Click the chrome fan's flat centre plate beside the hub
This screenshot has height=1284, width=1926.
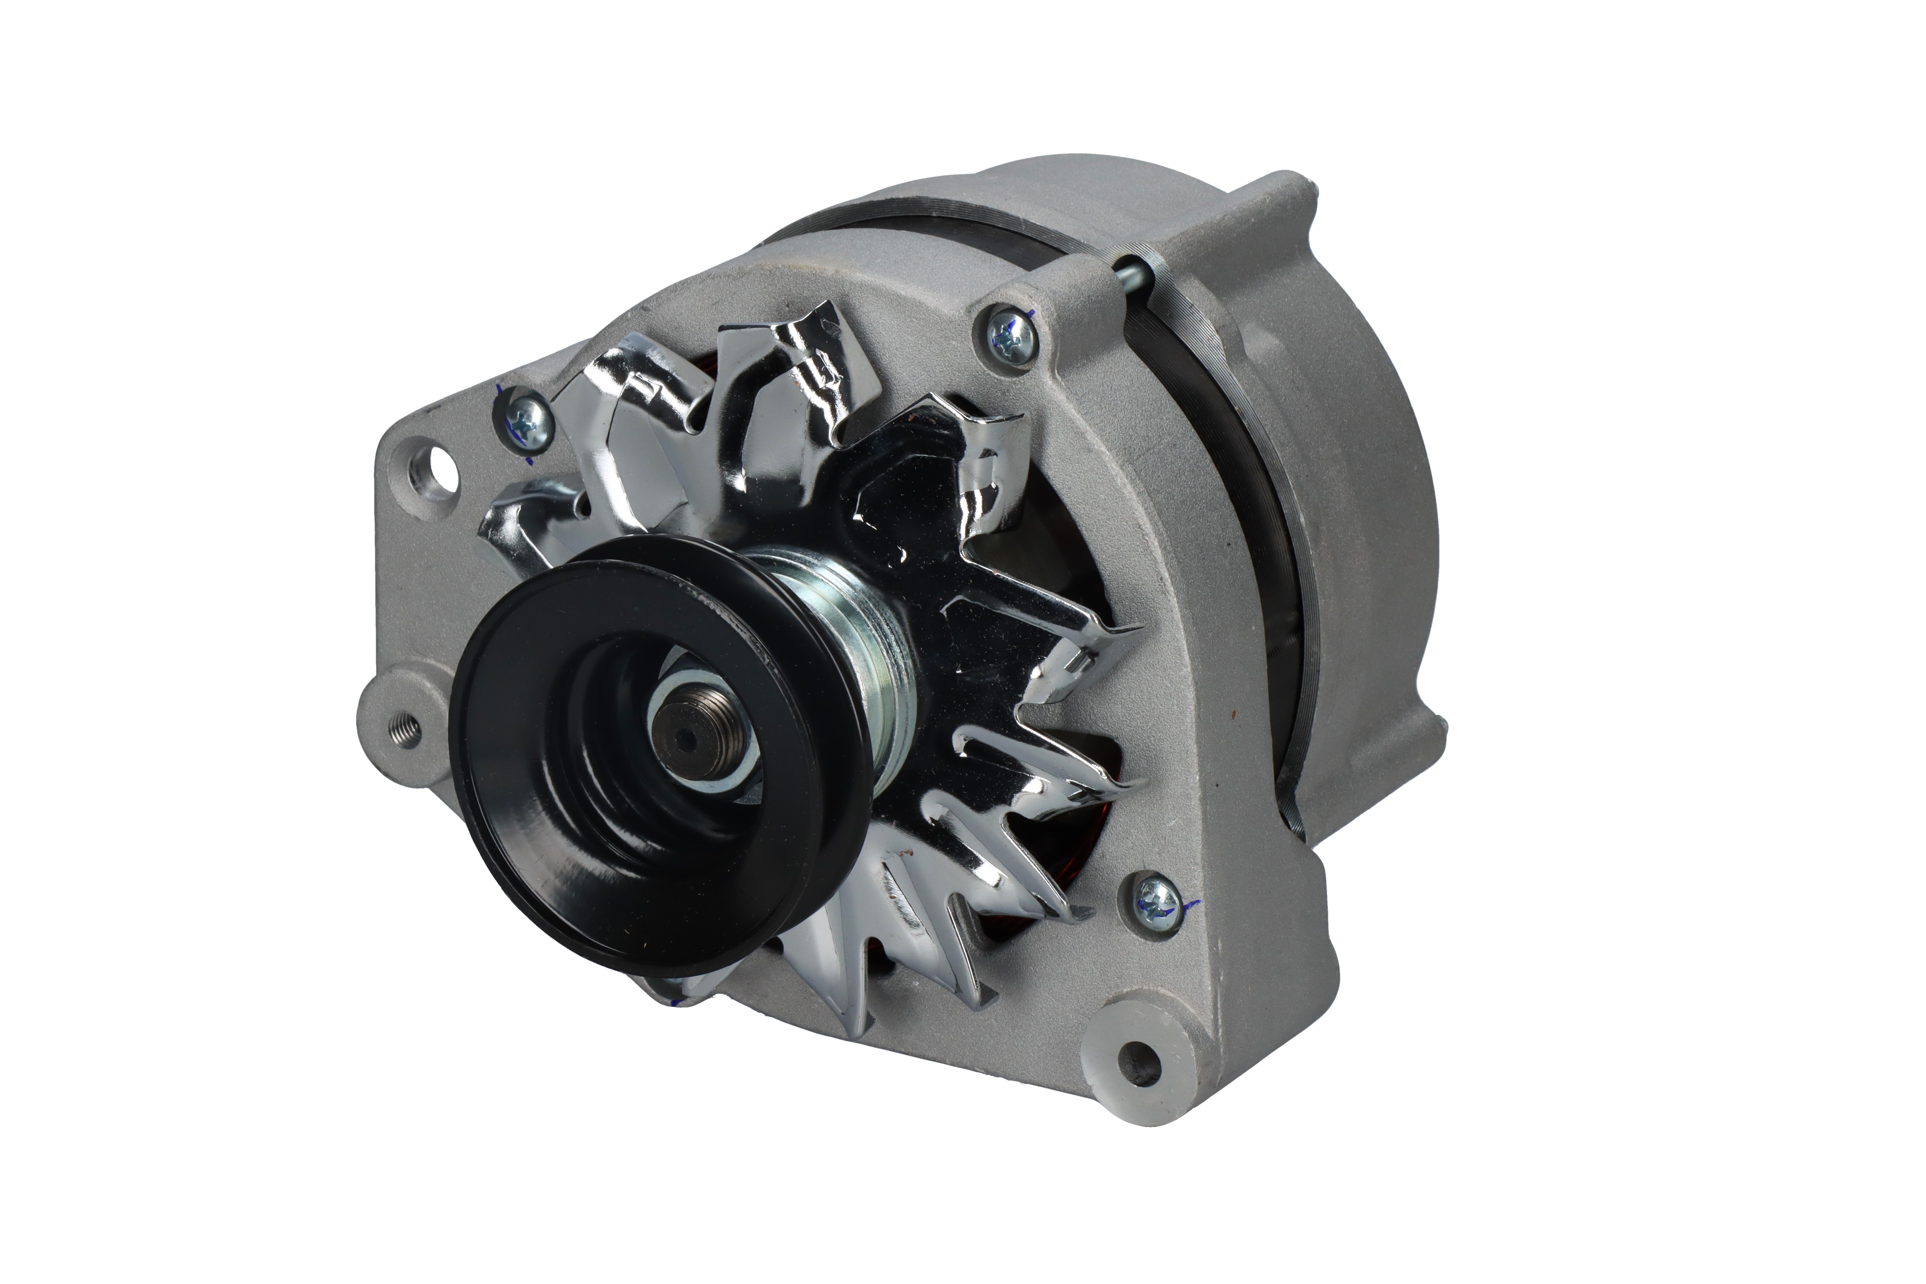(x=917, y=532)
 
